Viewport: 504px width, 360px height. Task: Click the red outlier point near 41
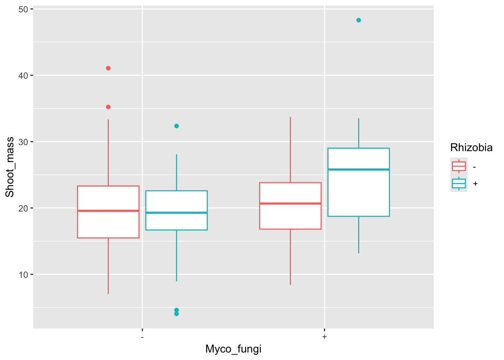click(x=108, y=68)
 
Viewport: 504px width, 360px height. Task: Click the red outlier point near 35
click(x=108, y=107)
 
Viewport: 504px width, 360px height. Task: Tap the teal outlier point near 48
click(x=358, y=20)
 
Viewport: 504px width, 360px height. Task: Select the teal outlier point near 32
click(x=177, y=126)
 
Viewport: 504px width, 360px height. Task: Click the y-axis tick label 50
click(x=23, y=9)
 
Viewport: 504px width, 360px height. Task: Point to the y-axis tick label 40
click(x=23, y=75)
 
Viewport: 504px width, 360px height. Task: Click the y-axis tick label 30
click(x=23, y=142)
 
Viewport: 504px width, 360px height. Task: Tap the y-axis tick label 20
click(x=23, y=208)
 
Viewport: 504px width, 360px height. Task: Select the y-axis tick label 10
click(x=23, y=274)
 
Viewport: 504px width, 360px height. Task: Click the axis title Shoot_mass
click(x=10, y=167)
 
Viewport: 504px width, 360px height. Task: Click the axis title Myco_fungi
click(x=233, y=349)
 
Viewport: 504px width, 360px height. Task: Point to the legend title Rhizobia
click(x=471, y=148)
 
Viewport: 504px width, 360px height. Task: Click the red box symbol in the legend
click(x=459, y=166)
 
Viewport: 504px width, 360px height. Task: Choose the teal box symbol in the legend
click(x=459, y=183)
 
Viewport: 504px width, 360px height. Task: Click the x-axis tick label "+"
click(x=324, y=337)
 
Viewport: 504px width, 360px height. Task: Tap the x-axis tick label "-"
click(x=142, y=337)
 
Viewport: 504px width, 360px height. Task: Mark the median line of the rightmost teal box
click(x=358, y=169)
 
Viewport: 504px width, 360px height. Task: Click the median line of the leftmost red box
click(x=108, y=211)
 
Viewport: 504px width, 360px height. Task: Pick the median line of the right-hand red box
click(x=290, y=203)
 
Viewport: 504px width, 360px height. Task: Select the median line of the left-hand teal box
click(x=177, y=213)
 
